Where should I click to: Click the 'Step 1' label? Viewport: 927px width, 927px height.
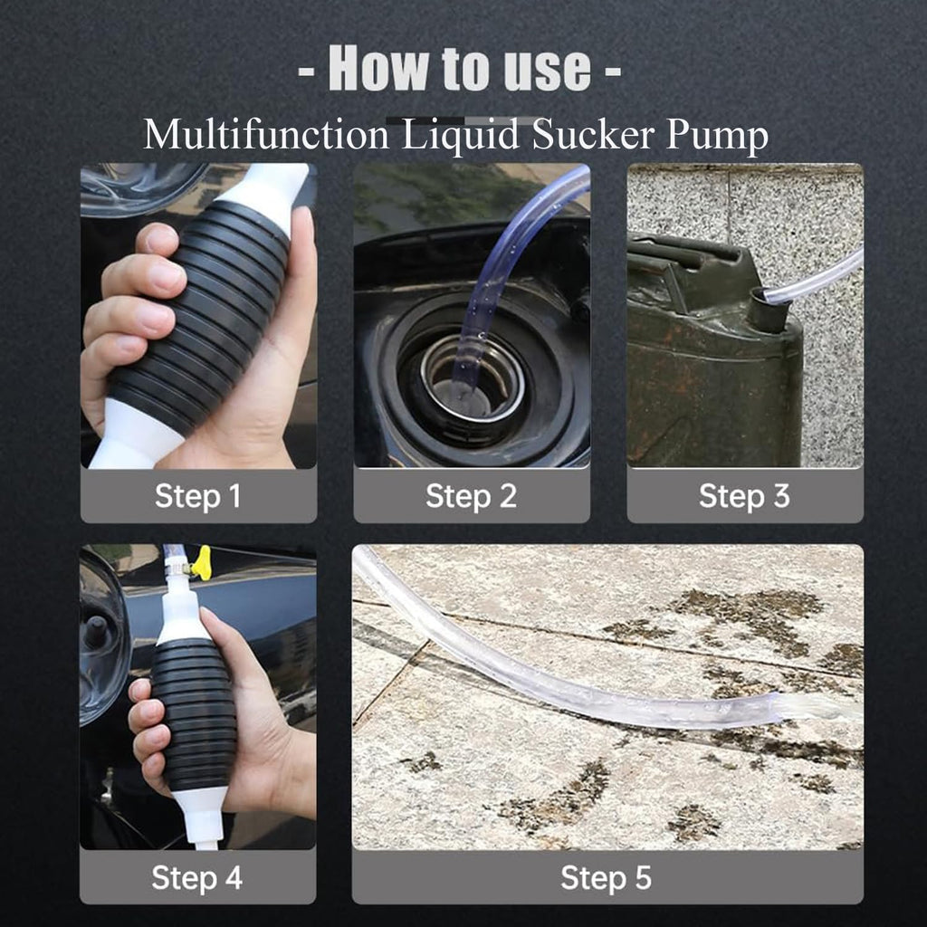click(198, 496)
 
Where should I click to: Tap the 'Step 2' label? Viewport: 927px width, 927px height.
click(471, 496)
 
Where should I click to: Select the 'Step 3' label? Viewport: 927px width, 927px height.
click(744, 496)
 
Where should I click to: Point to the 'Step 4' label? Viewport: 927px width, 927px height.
click(196, 878)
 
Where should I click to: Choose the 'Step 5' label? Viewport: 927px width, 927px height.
click(607, 878)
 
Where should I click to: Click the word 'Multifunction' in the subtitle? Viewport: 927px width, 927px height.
click(266, 134)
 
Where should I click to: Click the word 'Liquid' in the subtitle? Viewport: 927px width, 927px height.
click(461, 136)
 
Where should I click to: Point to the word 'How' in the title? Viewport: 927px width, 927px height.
click(379, 68)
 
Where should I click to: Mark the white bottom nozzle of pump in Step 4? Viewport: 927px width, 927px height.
click(203, 818)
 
